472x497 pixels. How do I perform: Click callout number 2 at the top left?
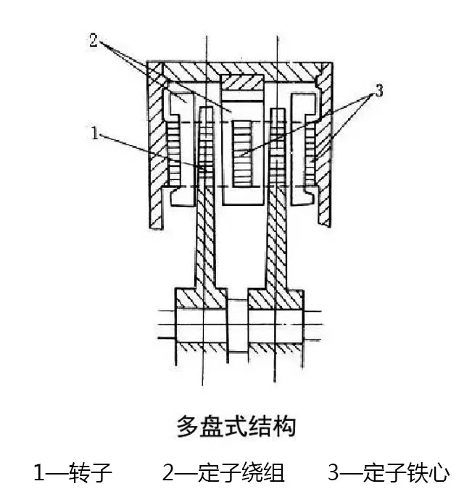[x=94, y=41]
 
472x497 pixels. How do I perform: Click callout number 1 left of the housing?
[x=95, y=133]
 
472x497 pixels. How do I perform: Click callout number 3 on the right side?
[x=379, y=90]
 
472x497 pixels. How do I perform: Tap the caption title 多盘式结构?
[x=236, y=426]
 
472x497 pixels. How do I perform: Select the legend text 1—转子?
[x=73, y=472]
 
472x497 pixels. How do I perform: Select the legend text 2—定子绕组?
[x=223, y=472]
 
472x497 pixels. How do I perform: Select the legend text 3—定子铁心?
[x=389, y=472]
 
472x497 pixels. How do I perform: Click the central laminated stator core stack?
[x=242, y=154]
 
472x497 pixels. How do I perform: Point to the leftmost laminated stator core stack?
[x=173, y=154]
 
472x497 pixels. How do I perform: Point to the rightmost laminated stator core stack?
[x=310, y=154]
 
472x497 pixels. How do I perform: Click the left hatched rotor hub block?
[x=201, y=299]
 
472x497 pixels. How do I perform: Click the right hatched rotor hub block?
[x=276, y=299]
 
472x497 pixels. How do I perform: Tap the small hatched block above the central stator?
[x=242, y=82]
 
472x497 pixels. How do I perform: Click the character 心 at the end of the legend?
[x=439, y=472]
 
